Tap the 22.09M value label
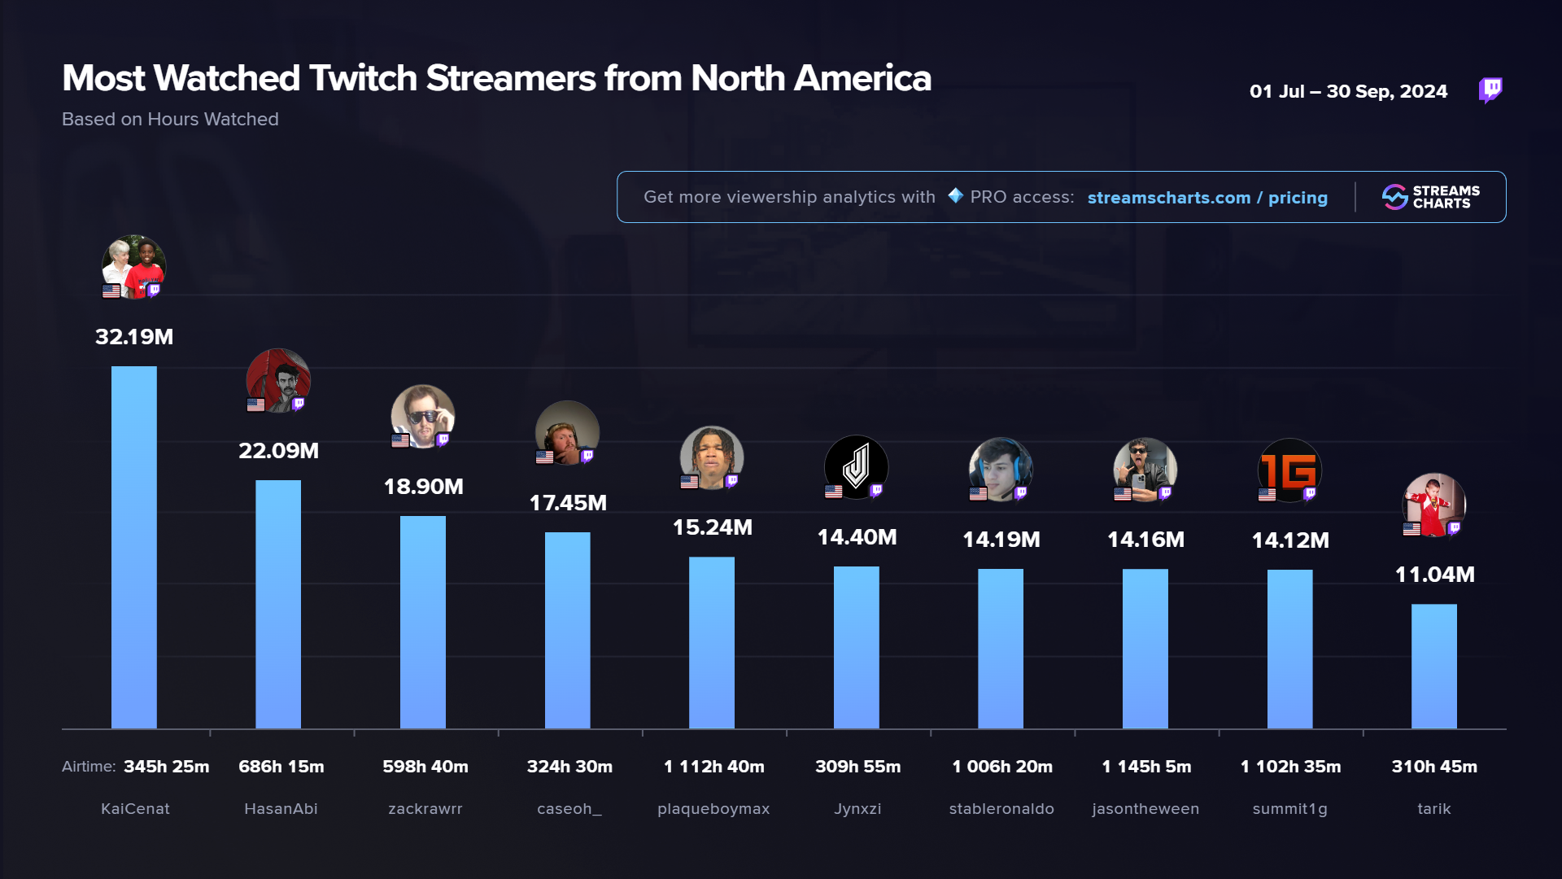(x=278, y=451)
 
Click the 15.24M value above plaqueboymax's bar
(x=712, y=527)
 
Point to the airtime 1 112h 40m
(x=713, y=767)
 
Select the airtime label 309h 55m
(x=857, y=767)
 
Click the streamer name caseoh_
(x=569, y=809)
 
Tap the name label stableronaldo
(x=1001, y=809)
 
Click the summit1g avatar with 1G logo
(x=1289, y=470)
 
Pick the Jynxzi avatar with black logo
(x=856, y=466)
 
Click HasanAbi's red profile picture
(x=278, y=380)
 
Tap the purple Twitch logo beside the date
(x=1490, y=90)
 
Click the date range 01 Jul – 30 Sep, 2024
(x=1348, y=91)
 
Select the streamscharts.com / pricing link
(x=1206, y=198)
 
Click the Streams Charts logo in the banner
(x=1430, y=197)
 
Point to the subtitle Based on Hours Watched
(x=170, y=120)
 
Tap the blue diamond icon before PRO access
(x=955, y=196)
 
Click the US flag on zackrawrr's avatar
(x=400, y=440)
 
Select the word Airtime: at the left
(x=89, y=767)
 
